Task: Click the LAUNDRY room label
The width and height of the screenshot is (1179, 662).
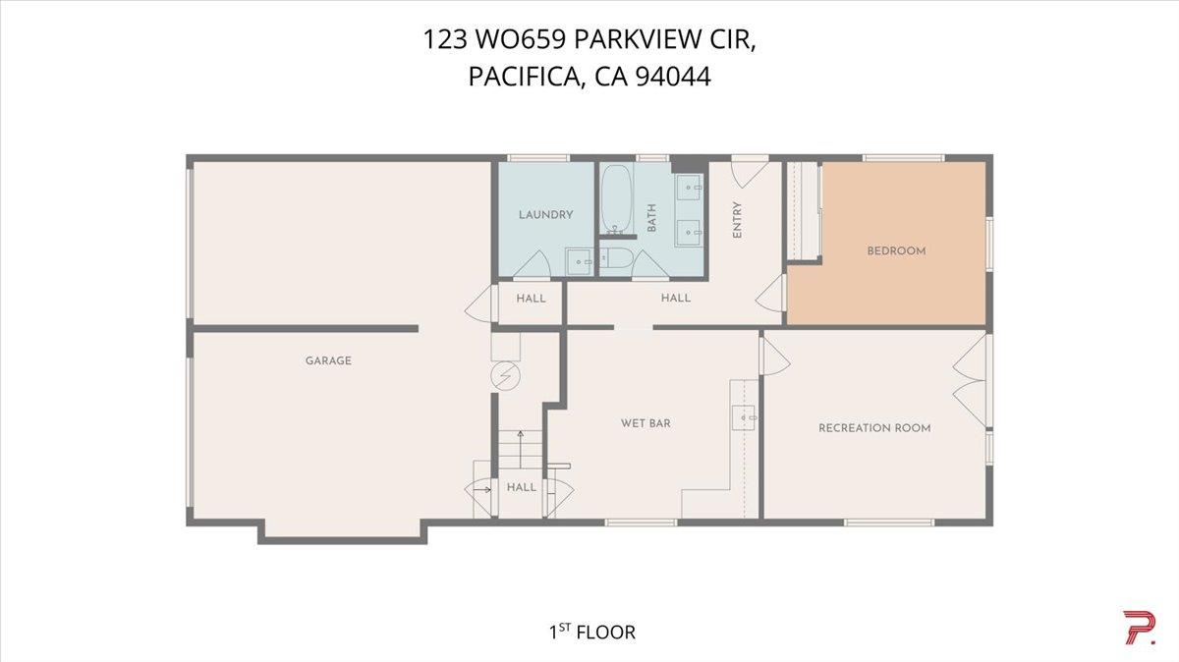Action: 545,215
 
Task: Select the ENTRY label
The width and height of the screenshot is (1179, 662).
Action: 737,219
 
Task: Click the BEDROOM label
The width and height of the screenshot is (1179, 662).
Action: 896,251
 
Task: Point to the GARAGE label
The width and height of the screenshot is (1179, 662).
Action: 328,360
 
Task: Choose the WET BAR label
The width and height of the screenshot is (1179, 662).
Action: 646,423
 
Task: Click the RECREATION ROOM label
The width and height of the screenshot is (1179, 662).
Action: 874,428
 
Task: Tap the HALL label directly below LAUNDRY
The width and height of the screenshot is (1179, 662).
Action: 531,299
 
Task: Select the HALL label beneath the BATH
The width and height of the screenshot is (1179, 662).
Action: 675,298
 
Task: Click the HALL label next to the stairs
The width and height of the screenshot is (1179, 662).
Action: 522,487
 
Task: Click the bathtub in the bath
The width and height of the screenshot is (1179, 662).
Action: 617,199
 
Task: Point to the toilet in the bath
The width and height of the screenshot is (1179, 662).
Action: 618,259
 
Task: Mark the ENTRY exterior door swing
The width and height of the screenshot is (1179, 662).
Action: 749,172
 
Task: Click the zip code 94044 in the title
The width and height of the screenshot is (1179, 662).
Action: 673,77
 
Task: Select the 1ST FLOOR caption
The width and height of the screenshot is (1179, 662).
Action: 591,632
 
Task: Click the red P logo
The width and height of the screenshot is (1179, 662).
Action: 1138,628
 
